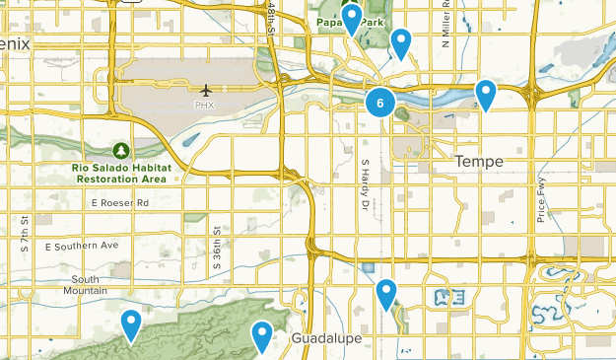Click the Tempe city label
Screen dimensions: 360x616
[x=479, y=162]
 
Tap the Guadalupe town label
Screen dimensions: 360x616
[x=326, y=338]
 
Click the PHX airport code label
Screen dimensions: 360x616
[x=205, y=105]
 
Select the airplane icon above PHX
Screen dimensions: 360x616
[x=205, y=91]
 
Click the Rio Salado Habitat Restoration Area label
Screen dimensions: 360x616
[x=121, y=174]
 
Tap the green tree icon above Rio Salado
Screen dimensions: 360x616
[x=120, y=150]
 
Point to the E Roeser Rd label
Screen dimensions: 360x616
[x=119, y=203]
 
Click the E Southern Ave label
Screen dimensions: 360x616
[x=83, y=245]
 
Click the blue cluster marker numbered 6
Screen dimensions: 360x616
[x=380, y=102]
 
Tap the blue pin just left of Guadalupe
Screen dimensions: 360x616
[x=261, y=336]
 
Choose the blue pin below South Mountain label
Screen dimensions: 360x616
[x=131, y=324]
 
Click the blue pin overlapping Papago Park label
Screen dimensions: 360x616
[x=352, y=19]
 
